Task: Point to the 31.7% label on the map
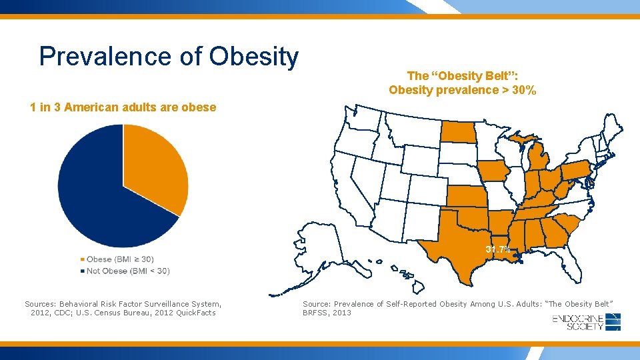point(498,249)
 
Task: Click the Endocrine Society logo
point(587,322)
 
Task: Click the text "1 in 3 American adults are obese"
point(123,107)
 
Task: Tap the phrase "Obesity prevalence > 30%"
point(463,90)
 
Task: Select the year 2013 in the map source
point(341,313)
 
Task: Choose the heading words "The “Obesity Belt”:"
point(463,76)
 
